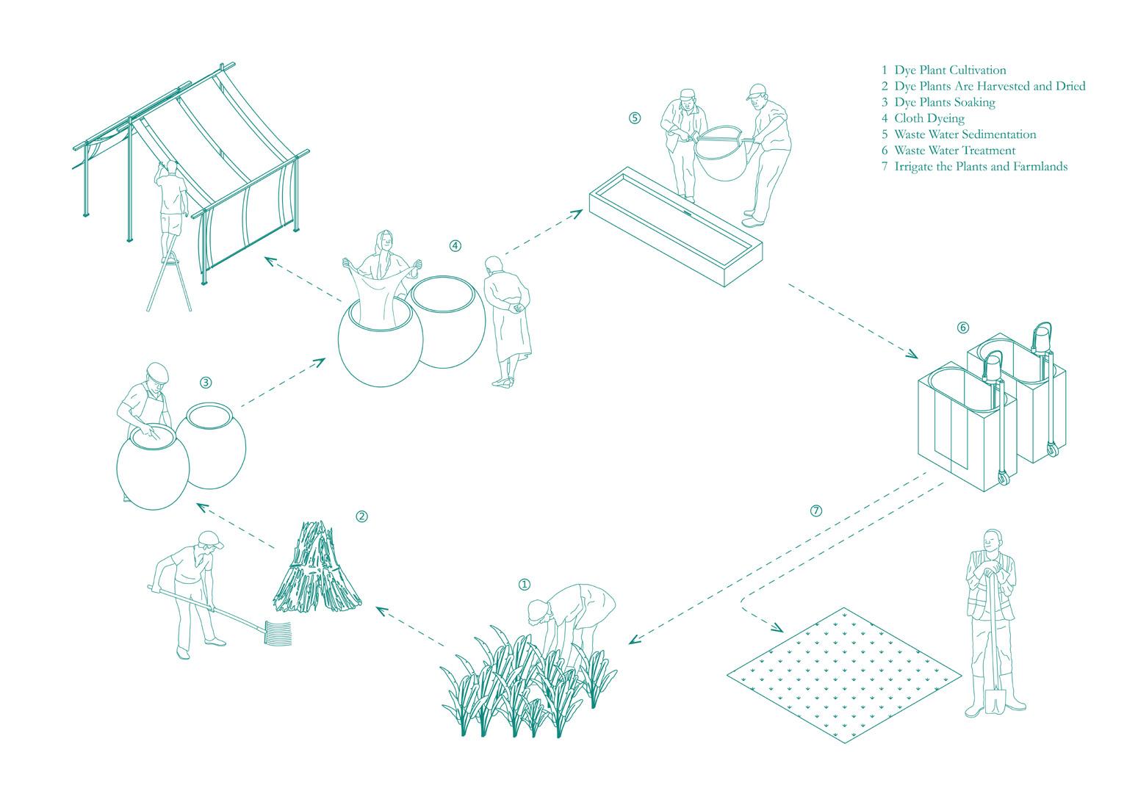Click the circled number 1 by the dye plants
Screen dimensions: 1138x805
(524, 585)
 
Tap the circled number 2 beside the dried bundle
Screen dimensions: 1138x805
(361, 516)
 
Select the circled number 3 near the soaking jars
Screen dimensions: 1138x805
(205, 383)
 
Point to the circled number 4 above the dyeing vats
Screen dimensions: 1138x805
(455, 246)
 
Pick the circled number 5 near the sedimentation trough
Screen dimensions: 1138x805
(635, 118)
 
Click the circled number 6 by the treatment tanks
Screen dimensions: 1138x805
(962, 328)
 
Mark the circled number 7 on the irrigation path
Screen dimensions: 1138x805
(815, 510)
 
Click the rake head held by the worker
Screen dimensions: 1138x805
(278, 633)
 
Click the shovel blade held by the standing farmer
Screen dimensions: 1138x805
(994, 702)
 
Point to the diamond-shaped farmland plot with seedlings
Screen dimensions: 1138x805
(844, 676)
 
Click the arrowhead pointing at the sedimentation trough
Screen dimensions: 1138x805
(577, 213)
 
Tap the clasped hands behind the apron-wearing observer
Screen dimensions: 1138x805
(517, 307)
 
